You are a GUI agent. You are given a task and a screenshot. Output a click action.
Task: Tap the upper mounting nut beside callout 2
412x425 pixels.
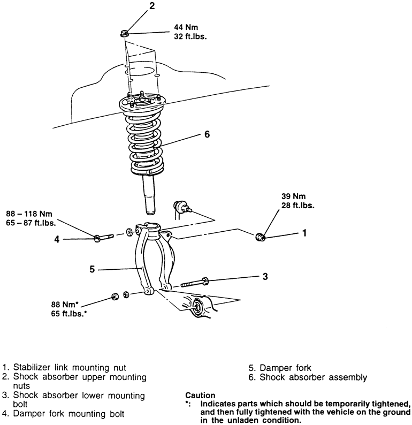tap(124, 34)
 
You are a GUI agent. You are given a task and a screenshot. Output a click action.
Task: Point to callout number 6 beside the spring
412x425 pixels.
tap(207, 134)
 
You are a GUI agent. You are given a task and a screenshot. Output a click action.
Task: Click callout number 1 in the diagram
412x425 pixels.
tap(304, 233)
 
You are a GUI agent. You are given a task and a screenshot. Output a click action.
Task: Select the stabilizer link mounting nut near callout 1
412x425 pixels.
tap(260, 236)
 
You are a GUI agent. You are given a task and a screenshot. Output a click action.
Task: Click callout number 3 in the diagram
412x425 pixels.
tap(264, 277)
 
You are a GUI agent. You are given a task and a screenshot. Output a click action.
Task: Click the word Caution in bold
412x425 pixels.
tap(200, 395)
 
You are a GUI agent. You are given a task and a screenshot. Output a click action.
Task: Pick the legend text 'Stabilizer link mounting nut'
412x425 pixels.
tap(70, 368)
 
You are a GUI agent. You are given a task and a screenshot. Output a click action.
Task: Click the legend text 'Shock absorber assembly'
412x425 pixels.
tap(314, 377)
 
